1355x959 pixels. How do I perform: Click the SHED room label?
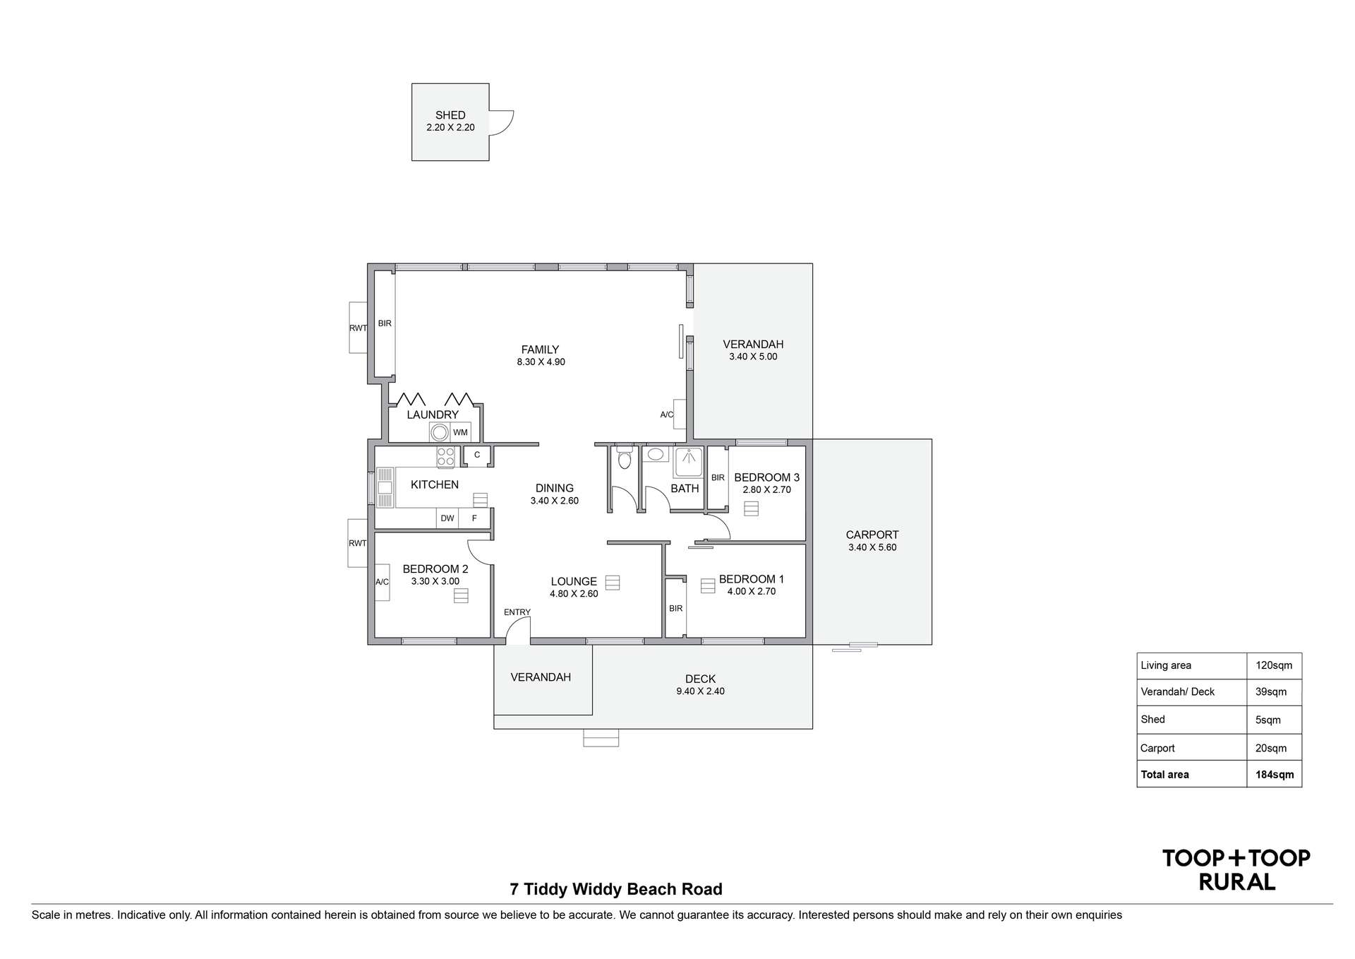(450, 115)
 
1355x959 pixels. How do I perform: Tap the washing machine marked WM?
(460, 432)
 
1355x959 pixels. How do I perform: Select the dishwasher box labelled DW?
(447, 518)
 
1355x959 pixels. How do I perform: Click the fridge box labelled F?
(474, 518)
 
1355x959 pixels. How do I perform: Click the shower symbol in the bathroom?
(688, 462)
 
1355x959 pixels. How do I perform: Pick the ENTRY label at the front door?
(517, 612)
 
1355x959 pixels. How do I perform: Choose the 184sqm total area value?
(1275, 775)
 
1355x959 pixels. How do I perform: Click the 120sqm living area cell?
(1274, 665)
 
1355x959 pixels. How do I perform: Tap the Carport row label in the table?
(1157, 748)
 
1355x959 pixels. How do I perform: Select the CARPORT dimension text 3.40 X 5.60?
(872, 547)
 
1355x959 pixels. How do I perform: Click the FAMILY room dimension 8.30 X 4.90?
(541, 362)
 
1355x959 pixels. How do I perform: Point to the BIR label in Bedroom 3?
(718, 477)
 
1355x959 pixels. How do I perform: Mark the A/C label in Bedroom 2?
(382, 582)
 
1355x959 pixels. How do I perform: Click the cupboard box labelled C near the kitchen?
(477, 455)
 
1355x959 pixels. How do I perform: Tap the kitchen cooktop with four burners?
(445, 457)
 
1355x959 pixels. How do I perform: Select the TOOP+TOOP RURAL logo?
(1236, 870)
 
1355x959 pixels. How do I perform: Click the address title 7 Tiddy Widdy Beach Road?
(616, 889)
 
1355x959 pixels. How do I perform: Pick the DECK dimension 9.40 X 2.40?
(700, 691)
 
